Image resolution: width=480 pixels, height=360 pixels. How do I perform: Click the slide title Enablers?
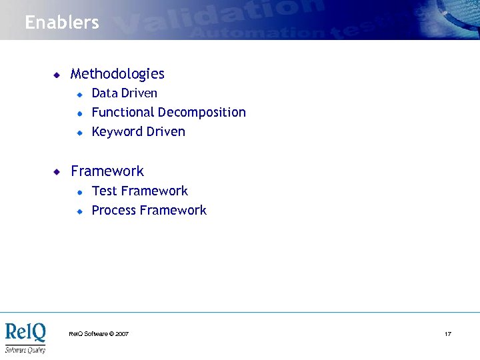pyautogui.click(x=62, y=22)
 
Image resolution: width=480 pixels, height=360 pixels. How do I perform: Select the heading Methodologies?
pyautogui.click(x=117, y=74)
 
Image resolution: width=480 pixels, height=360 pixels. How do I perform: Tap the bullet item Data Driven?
pyautogui.click(x=124, y=93)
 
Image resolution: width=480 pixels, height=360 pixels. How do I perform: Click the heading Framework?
pyautogui.click(x=107, y=171)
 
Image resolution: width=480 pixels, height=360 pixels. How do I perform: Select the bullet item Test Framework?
pyautogui.click(x=139, y=191)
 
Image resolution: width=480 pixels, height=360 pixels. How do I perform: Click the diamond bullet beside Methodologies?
pyautogui.click(x=57, y=75)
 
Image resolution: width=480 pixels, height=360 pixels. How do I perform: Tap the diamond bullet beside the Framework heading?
pyautogui.click(x=57, y=172)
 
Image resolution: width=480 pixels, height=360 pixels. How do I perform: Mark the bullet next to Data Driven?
pyautogui.click(x=79, y=94)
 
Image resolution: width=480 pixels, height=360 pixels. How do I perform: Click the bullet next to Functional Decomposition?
pyautogui.click(x=79, y=113)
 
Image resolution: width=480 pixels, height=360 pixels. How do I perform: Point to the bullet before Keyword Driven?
pyautogui.click(x=79, y=133)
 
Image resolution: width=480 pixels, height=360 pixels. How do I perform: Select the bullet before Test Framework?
pyautogui.click(x=79, y=192)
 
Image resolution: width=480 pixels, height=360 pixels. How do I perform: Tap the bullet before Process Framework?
pyautogui.click(x=79, y=211)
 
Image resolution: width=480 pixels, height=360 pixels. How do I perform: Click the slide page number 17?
pyautogui.click(x=448, y=333)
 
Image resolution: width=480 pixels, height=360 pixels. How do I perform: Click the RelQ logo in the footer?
pyautogui.click(x=25, y=337)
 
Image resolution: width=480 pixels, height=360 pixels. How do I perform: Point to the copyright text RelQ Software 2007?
pyautogui.click(x=99, y=333)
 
